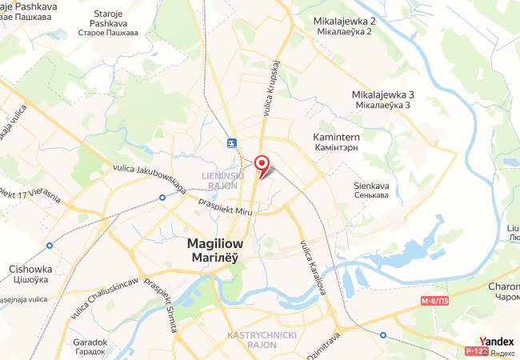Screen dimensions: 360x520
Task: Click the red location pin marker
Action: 261,163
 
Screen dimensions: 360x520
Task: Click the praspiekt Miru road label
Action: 226,201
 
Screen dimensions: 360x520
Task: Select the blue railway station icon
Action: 231,142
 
